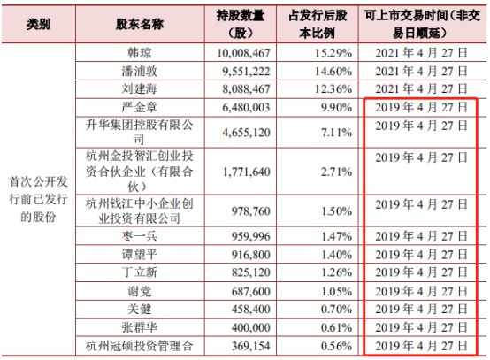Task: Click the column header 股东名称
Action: pyautogui.click(x=134, y=24)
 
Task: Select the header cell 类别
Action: pyautogui.click(x=38, y=24)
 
